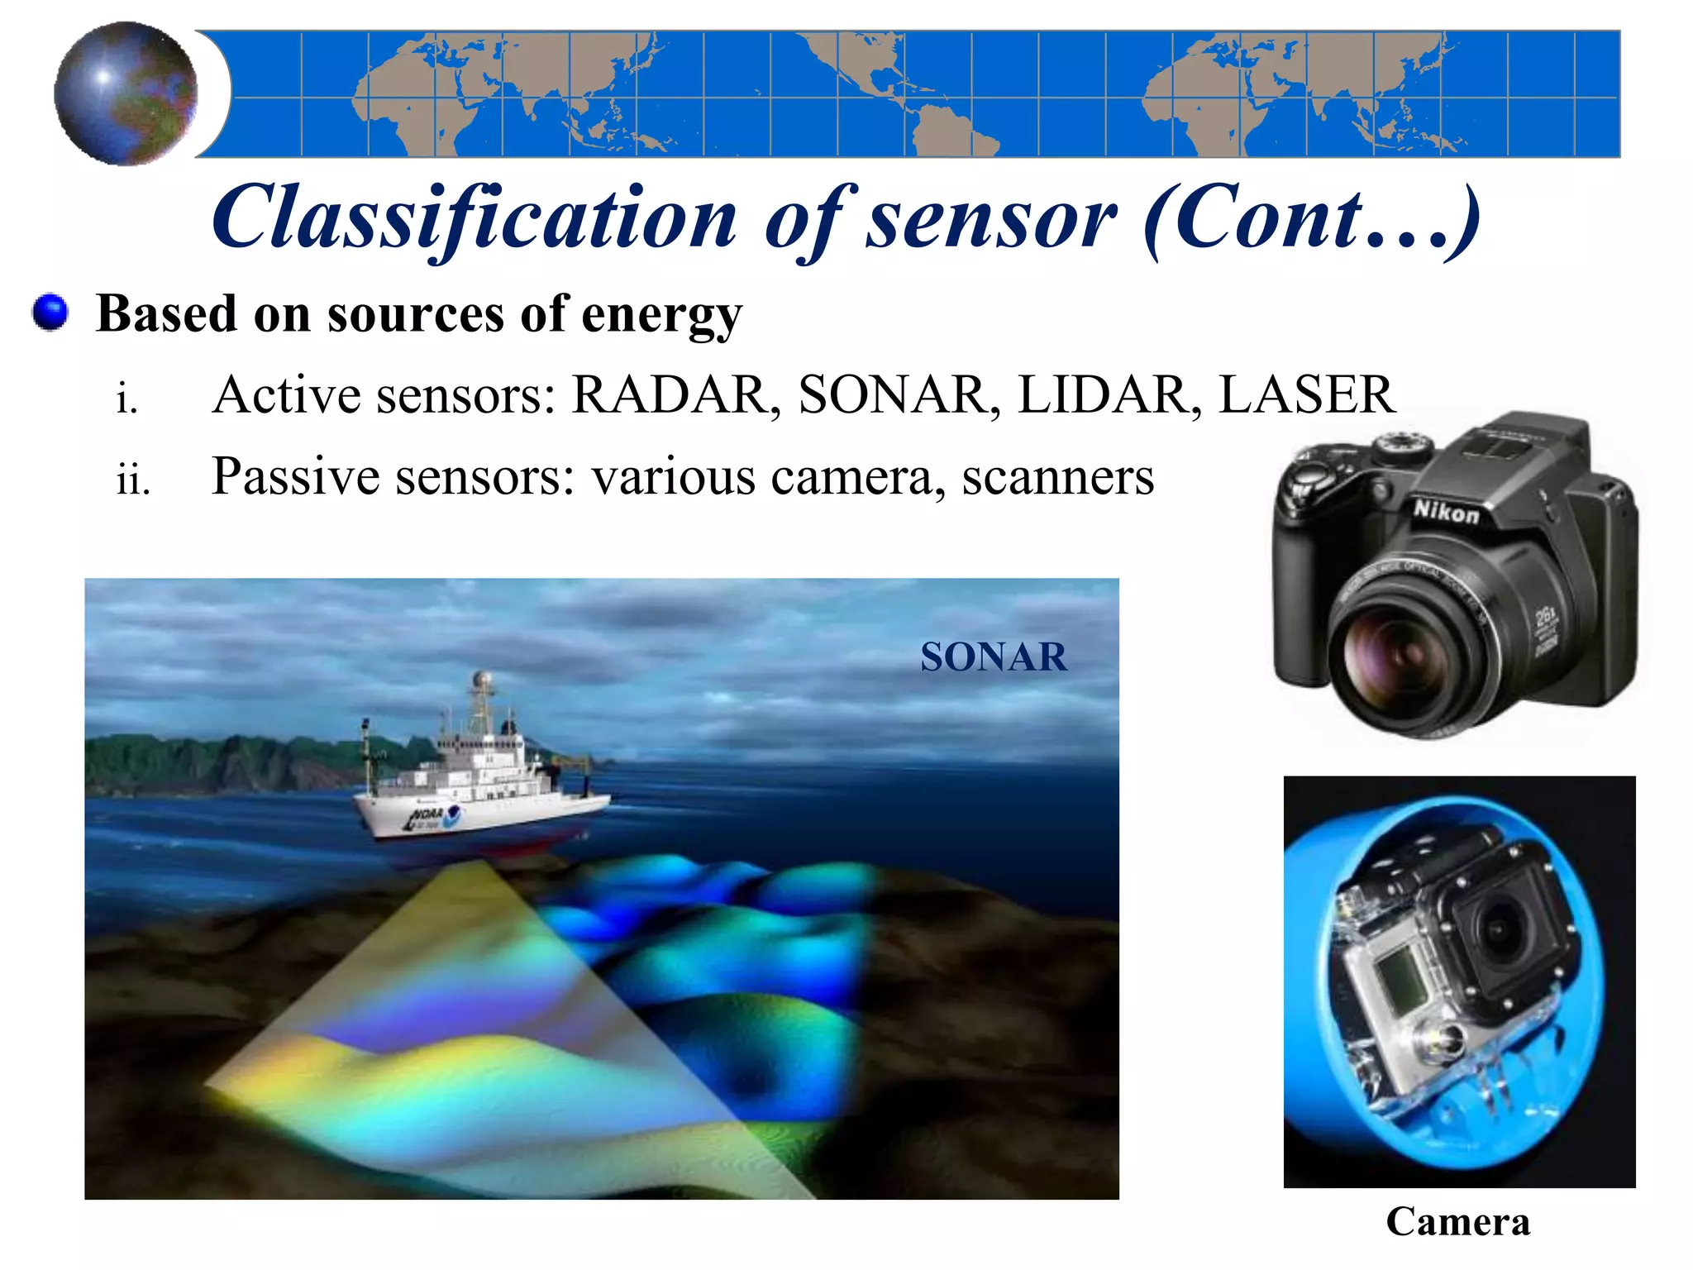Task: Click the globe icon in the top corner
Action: (126, 93)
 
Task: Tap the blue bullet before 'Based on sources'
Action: (50, 313)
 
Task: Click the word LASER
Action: (1307, 394)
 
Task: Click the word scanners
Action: (1057, 477)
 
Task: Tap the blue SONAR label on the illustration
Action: (993, 657)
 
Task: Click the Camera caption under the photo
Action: (1457, 1221)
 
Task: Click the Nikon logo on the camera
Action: (1446, 512)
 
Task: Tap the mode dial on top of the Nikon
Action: (1403, 446)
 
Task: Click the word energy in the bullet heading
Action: (661, 315)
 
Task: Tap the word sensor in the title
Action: (990, 217)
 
